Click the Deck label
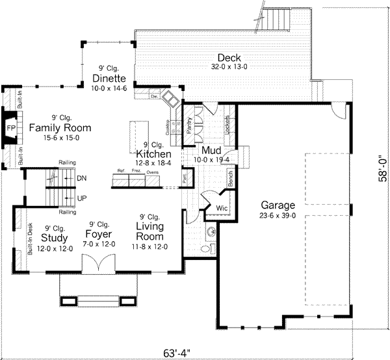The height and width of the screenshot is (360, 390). pyautogui.click(x=229, y=57)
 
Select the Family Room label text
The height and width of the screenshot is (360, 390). pyautogui.click(x=59, y=127)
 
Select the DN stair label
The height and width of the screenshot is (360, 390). pyautogui.click(x=81, y=178)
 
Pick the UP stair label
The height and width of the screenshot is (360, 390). pyautogui.click(x=81, y=198)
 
